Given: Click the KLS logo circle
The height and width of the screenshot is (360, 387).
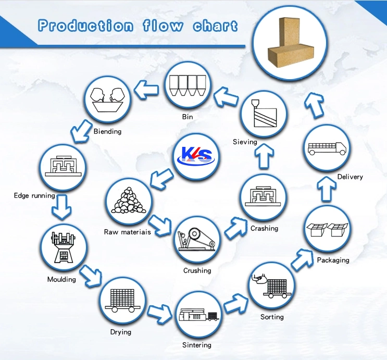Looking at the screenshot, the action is click(196, 156).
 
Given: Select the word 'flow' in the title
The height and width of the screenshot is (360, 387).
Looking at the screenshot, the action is click(163, 26).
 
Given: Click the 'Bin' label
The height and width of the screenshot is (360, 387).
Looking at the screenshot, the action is click(188, 117).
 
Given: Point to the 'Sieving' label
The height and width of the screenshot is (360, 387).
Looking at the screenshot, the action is click(245, 142).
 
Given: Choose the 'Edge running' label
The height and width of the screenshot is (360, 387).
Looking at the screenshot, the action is click(34, 196).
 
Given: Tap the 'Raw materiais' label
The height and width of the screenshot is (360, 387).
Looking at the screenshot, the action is click(128, 232).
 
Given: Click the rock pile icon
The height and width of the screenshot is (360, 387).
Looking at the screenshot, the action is click(128, 200).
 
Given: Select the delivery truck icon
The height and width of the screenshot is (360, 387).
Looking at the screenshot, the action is click(327, 148).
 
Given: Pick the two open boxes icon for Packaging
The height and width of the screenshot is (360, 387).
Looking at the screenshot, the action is click(327, 230).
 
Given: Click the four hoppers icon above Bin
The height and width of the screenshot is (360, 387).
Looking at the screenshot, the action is click(188, 85).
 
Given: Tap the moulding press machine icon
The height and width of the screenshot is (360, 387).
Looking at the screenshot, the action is click(63, 247).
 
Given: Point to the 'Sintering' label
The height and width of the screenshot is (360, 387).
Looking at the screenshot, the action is click(197, 345).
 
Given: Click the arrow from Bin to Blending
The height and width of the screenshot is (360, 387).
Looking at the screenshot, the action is click(146, 90).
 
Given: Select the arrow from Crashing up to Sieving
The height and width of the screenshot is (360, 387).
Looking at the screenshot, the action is click(264, 156).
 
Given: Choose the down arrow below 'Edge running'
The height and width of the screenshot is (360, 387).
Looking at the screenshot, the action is click(61, 207).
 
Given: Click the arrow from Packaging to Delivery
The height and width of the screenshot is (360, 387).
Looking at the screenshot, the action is click(326, 189).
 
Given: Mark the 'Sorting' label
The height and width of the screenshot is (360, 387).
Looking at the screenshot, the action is click(272, 317).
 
